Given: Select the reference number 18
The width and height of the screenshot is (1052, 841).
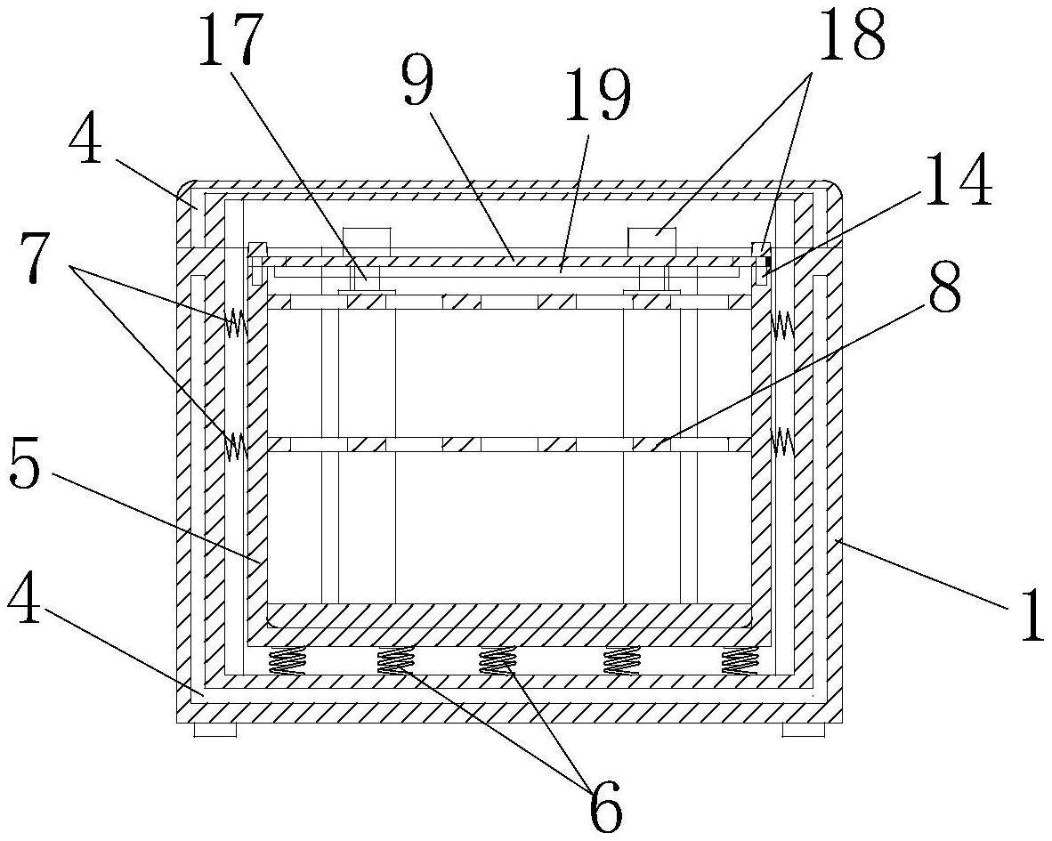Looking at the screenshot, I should (851, 36).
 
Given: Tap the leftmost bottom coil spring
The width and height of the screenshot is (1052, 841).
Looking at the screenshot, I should (287, 660).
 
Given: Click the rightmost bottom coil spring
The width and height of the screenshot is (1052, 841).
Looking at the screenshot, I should (739, 660).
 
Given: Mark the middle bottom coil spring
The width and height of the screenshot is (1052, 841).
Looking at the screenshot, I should (498, 660).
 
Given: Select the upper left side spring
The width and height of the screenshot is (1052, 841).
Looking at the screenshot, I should (237, 324).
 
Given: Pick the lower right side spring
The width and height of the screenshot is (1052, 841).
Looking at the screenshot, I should (781, 441).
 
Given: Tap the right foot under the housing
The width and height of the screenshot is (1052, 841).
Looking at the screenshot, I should (804, 730).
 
